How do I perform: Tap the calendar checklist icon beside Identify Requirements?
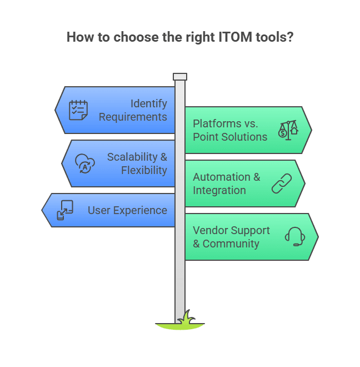(x=78, y=110)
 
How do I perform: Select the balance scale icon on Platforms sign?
(x=288, y=130)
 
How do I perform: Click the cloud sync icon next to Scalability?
(x=85, y=163)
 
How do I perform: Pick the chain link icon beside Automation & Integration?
(x=282, y=183)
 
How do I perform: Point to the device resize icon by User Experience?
(x=66, y=210)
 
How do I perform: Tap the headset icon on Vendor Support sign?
(x=295, y=237)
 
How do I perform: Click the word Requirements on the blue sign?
(x=133, y=117)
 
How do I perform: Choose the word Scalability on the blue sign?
(x=133, y=157)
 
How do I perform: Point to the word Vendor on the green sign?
(x=209, y=230)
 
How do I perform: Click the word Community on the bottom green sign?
(x=231, y=244)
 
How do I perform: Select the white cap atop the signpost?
(x=180, y=77)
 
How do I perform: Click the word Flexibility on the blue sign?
(x=144, y=170)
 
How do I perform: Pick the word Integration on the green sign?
(x=219, y=190)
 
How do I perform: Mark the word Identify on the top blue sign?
(x=149, y=103)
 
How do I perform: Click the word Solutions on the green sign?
(x=242, y=137)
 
